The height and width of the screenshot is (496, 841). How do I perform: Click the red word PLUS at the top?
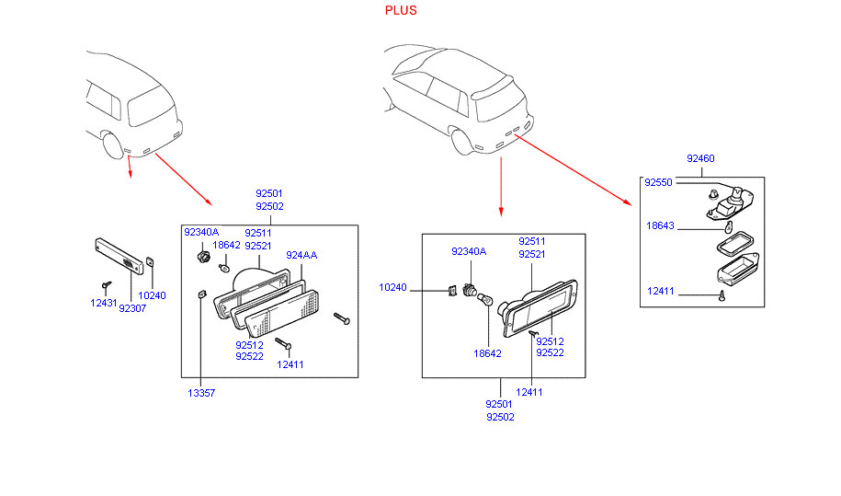click(x=401, y=10)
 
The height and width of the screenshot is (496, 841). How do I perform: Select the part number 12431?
click(x=104, y=303)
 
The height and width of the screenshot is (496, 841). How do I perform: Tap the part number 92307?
click(x=132, y=308)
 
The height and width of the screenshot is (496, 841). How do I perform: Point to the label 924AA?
click(x=301, y=255)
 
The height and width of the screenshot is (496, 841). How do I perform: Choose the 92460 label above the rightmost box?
click(x=700, y=159)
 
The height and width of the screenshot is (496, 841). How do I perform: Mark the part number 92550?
click(x=658, y=182)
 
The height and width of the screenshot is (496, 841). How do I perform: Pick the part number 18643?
click(x=660, y=225)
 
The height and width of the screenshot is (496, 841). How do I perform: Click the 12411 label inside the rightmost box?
click(x=660, y=292)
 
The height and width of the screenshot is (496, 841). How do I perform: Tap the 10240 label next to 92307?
click(x=152, y=295)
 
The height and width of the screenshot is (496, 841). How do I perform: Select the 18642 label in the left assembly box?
click(x=226, y=246)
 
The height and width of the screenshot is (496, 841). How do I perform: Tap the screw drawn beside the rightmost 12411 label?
click(x=722, y=295)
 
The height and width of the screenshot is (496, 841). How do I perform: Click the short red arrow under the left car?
click(x=130, y=167)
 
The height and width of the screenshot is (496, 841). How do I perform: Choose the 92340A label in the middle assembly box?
click(x=469, y=251)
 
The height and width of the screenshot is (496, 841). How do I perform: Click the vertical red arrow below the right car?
click(x=501, y=184)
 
